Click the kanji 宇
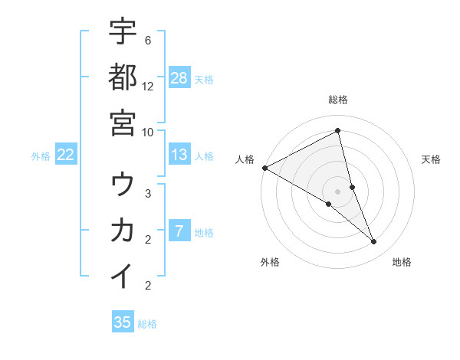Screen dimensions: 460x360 pos(123,31)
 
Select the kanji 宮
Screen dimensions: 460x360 pos(123,122)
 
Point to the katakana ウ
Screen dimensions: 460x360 pos(123,185)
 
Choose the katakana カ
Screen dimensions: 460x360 pos(123,230)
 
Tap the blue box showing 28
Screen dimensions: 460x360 pos(179,77)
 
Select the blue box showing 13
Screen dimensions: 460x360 pos(179,155)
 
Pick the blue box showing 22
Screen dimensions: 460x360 pos(66,155)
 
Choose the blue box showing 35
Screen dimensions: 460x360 pos(123,322)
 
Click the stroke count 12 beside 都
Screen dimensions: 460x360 pos(148,86)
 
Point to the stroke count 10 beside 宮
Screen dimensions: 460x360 pos(148,131)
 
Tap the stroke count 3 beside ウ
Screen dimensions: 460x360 pos(148,194)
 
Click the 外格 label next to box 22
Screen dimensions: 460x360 pos(41,155)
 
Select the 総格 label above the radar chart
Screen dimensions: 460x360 pos(338,100)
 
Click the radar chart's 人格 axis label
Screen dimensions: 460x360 pos(245,159)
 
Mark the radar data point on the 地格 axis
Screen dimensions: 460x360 pos(374,242)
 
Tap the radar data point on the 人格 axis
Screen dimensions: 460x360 pos(264,168)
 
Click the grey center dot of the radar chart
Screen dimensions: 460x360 pos(338,191)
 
